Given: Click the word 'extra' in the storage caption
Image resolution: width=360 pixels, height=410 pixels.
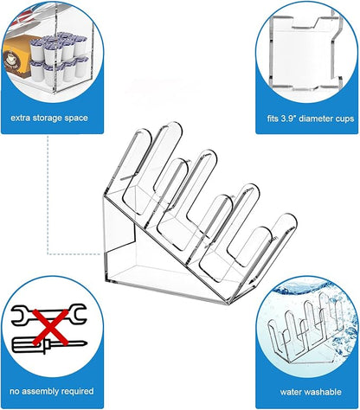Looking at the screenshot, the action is [20, 118].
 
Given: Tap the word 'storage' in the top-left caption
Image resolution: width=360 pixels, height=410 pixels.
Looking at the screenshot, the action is [47, 119].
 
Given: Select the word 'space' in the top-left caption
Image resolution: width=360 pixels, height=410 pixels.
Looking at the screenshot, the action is [76, 119].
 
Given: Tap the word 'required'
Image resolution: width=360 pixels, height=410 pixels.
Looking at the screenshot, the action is [76, 392].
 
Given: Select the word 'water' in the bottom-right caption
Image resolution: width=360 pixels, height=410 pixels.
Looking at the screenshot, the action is [291, 392].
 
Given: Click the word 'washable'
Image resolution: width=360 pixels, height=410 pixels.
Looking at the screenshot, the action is [323, 392].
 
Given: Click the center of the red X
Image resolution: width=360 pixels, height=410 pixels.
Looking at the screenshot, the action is [50, 327].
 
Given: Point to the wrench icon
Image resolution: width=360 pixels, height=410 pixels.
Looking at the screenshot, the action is [48, 314].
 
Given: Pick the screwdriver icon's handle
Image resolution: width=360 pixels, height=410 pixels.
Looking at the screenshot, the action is [28, 345].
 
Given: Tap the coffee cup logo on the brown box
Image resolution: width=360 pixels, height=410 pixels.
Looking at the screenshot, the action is [12, 59].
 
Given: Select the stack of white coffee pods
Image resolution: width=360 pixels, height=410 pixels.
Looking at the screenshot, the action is [59, 58].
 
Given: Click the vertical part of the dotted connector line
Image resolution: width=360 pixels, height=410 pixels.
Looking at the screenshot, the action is [48, 195].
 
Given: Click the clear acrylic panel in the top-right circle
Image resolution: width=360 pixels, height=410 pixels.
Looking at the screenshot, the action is [305, 52].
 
